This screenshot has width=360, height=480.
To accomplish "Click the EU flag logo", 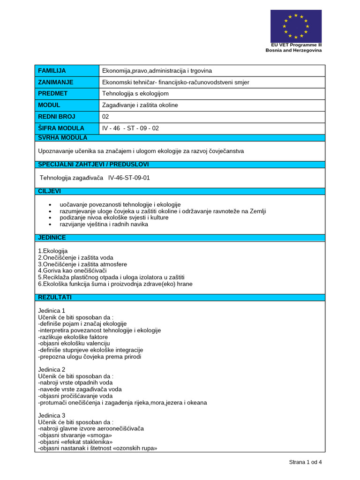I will pos(296,26).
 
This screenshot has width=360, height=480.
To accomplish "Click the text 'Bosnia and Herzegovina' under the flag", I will pos(293,50).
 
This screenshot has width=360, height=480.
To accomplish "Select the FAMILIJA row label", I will pos(52,71).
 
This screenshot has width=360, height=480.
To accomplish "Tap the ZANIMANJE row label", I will pos(55,82).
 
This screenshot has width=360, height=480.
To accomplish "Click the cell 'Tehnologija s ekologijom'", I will pos(135,94).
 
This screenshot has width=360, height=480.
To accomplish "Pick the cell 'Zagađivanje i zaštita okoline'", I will pos(140,105).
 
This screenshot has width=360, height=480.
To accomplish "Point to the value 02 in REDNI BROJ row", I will pos(105,117).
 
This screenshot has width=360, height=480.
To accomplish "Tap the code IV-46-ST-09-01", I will pos(129,178).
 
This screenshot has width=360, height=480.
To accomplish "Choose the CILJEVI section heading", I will pos(49,191).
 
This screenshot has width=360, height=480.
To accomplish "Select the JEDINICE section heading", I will pos(52,238).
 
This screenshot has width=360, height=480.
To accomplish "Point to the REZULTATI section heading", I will pos(54,297).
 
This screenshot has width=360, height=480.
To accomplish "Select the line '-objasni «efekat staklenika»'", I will pos(75,442).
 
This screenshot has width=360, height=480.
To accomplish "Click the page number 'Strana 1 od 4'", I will pos(305,462).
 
